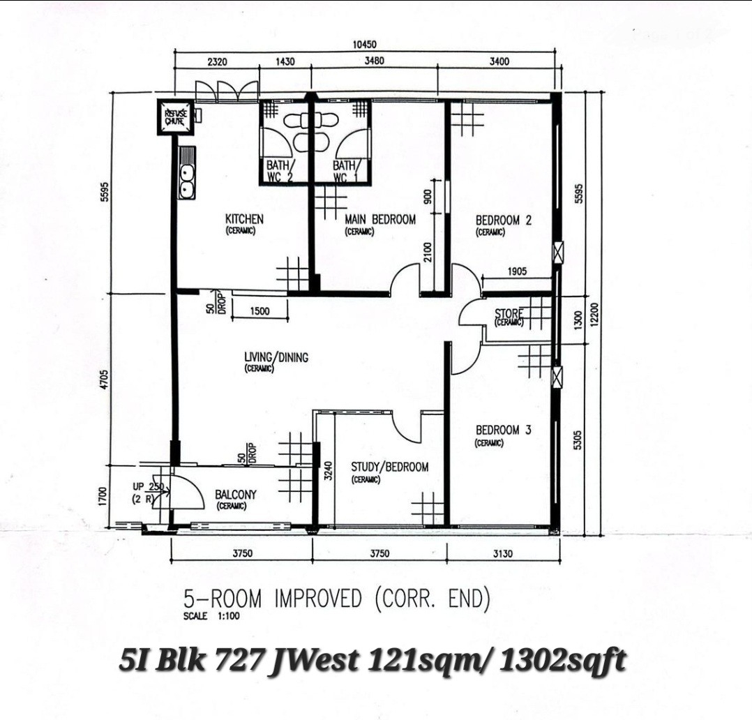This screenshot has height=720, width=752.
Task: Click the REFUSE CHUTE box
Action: tap(176, 117)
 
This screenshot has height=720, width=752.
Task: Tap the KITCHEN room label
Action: tap(244, 219)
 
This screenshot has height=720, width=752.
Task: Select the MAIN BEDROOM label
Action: tap(379, 220)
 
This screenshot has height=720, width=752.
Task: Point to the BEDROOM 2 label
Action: tap(504, 220)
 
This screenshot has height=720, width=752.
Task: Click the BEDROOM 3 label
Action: tap(503, 430)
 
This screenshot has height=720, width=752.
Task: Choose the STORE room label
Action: tap(509, 314)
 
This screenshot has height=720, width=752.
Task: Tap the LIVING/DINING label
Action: tap(276, 357)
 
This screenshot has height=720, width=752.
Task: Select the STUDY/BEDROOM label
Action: tap(389, 467)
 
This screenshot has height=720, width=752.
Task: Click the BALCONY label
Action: tap(236, 494)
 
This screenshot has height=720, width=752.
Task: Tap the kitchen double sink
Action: tap(187, 182)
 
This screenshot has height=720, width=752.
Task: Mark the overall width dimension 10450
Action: tap(364, 45)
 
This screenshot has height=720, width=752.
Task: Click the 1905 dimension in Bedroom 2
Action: tap(516, 271)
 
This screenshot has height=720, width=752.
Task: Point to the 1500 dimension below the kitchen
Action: tap(260, 311)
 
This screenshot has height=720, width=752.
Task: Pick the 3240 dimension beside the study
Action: tap(328, 471)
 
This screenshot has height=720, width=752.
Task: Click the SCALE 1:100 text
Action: tap(211, 616)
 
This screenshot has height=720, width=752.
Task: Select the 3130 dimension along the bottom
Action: tap(502, 553)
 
